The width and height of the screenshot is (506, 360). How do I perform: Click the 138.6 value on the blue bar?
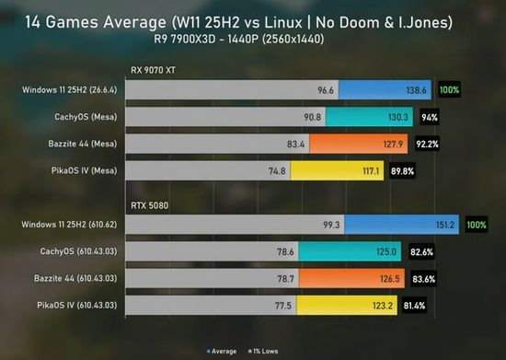pos(416,90)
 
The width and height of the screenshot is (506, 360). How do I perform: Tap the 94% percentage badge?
pos(430,117)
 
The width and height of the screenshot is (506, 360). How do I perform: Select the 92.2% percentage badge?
pos(427,144)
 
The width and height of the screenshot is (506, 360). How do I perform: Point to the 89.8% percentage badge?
pos(402,171)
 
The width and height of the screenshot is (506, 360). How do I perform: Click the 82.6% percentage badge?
pos(421,252)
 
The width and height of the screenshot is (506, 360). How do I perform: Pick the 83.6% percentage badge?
pos(424,279)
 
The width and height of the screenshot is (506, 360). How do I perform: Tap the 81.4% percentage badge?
pos(414,306)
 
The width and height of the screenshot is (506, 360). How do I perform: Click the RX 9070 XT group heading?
pos(153,70)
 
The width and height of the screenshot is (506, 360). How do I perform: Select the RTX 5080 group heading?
pos(149,205)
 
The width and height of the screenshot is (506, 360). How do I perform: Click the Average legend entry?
pos(222,352)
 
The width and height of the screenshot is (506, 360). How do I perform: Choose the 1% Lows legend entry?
pos(263,352)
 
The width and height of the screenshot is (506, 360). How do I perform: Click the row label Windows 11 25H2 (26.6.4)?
pos(69,89)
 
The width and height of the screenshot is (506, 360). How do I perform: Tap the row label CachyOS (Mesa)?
pos(86,117)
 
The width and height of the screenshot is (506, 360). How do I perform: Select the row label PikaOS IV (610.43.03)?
pos(76,305)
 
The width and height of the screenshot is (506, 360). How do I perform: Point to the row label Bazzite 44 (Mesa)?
pos(83,144)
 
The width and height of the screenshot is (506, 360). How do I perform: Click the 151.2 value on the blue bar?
pos(445,225)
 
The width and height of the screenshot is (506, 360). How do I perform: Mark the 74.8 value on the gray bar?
pos(277,171)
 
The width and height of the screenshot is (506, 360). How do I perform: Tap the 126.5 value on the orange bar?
pos(389,279)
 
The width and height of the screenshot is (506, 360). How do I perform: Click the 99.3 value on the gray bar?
pos(331,225)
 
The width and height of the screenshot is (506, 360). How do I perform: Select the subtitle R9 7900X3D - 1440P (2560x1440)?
pos(239,39)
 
